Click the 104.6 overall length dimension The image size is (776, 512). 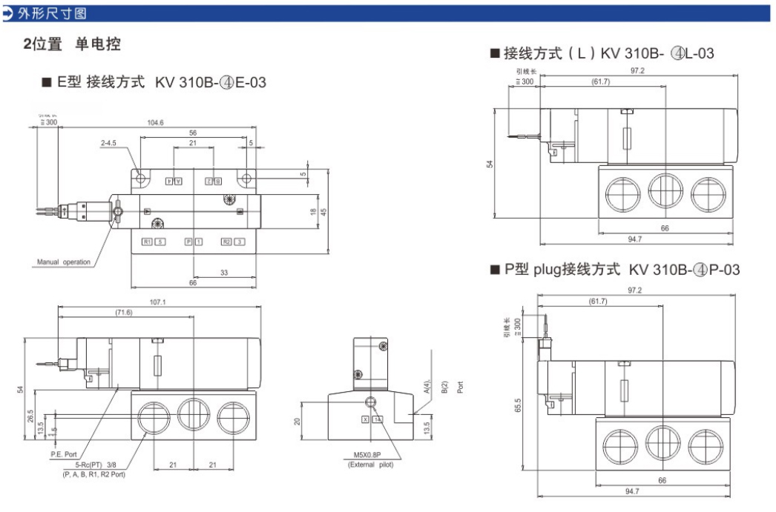[x=155, y=122]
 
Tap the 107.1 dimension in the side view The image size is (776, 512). [x=157, y=302]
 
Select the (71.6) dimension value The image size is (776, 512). [x=123, y=313]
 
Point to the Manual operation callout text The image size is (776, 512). [x=64, y=262]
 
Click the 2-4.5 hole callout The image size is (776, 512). [x=111, y=143]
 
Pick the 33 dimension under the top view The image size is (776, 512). [x=223, y=273]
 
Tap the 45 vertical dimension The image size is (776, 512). [x=323, y=211]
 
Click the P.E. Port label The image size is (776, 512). [x=64, y=453]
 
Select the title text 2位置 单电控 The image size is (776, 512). [x=71, y=44]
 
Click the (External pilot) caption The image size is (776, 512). [x=369, y=465]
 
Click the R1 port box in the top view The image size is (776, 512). [x=147, y=242]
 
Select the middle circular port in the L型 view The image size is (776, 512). [x=666, y=193]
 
